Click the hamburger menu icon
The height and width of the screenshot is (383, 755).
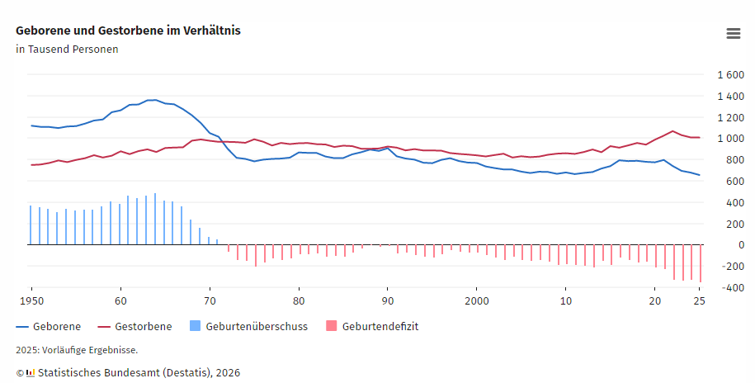coord(733,33)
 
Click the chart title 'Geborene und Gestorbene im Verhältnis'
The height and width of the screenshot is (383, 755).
coord(128,31)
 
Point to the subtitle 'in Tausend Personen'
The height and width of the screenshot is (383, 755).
coord(67,50)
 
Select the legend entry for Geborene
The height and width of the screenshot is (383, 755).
coord(48,327)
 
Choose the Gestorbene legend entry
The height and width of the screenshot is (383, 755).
coord(134,327)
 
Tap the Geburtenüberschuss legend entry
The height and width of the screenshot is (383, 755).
coord(248,327)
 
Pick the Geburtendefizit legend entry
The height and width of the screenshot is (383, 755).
coord(372,327)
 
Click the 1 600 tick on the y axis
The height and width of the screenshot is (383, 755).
coord(730,74)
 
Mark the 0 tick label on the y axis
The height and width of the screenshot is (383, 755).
coord(741,245)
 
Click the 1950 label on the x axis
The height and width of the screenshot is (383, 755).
coord(32,301)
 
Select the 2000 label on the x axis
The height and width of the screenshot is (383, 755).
coord(477,301)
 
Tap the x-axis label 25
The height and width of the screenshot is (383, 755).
coord(699,301)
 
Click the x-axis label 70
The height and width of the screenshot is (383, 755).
coord(210,301)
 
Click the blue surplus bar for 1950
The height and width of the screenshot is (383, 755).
coord(31,225)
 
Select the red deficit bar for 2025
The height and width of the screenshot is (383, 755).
coord(701,263)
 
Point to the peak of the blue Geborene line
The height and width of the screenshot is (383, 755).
coord(154,100)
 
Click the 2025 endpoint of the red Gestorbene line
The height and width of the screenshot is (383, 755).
coord(700,138)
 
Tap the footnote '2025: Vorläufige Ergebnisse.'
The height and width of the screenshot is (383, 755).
coord(77,350)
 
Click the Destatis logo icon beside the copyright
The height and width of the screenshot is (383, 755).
coord(31,373)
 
